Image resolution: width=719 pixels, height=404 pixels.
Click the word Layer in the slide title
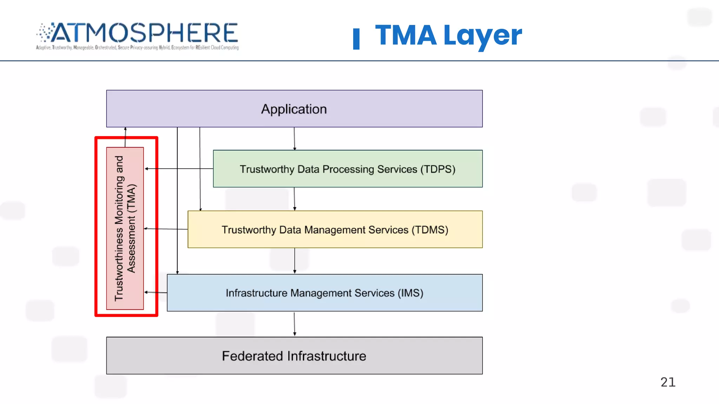coord(483,35)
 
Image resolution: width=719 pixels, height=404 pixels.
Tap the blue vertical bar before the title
coord(356,39)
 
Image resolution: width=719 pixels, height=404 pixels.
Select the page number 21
coord(668,382)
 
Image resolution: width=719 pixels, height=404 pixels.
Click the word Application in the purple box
coord(294,109)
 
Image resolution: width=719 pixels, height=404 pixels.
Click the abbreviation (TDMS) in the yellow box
coord(430,230)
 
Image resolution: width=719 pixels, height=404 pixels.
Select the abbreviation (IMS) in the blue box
coord(410,293)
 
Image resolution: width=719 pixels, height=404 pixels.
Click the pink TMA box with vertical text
coord(125,228)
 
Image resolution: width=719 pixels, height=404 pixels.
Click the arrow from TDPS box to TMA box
coord(179,169)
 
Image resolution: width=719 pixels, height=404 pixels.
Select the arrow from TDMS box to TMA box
coord(166,229)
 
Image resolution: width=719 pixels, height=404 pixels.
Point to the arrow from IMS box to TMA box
coord(156,292)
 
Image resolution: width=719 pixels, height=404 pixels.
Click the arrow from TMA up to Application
coord(125,137)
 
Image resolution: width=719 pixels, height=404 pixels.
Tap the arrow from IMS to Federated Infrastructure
coord(295,324)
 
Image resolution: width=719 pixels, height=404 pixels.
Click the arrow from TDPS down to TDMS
coord(295,199)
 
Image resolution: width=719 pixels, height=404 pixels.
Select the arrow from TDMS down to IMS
coord(295,261)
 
